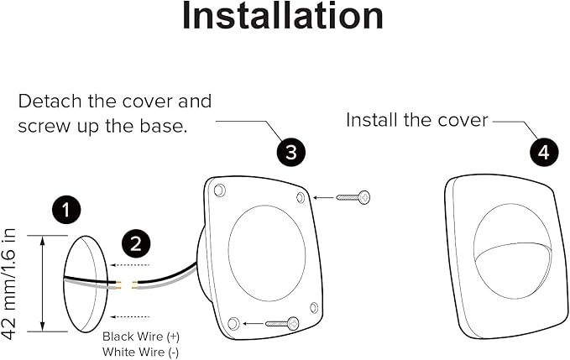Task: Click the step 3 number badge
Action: click(290, 152)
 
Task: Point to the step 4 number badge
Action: click(543, 152)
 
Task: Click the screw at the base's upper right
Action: click(353, 198)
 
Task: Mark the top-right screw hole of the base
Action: click(301, 197)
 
